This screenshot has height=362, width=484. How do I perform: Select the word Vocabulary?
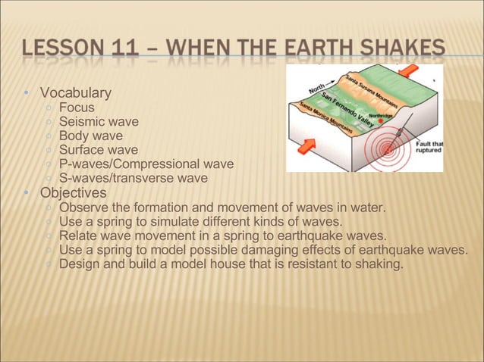75,93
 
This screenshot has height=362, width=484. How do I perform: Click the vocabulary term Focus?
77,108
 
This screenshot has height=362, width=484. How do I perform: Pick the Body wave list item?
90,136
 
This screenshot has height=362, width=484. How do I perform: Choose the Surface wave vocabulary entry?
99,151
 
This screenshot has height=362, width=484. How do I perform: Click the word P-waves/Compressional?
127,164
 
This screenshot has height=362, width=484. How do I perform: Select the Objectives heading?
74,193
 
